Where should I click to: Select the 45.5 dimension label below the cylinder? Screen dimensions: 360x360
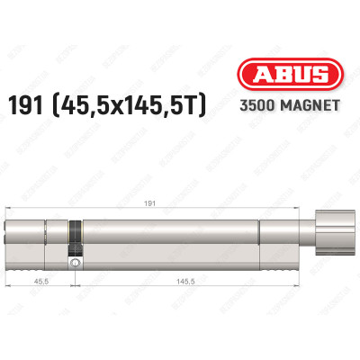(x=41, y=282)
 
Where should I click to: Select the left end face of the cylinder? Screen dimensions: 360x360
(x=11, y=238)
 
